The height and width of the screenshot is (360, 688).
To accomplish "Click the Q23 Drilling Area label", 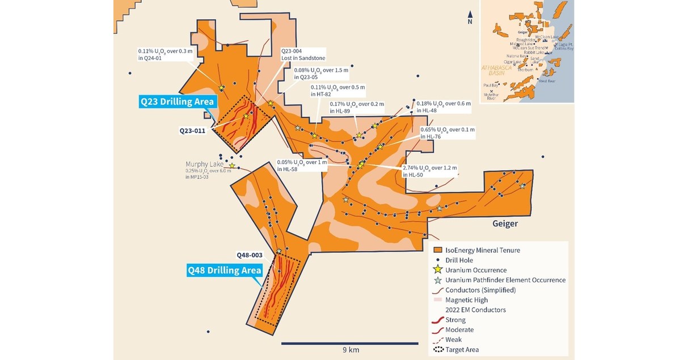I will point(177,102).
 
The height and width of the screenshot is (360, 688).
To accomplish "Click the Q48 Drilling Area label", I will point(225,270).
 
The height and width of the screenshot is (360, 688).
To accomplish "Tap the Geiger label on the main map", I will point(504,224).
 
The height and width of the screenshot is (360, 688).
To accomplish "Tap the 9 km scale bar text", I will point(350,350).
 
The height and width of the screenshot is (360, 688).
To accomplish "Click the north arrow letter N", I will point(470,22).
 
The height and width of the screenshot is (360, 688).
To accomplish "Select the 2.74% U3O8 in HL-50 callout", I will point(429,171).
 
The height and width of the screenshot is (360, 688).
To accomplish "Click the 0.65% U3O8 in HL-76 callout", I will point(447,133).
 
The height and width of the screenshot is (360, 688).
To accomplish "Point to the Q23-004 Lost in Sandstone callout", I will point(303,54).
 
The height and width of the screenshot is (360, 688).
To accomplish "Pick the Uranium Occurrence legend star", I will point(438,270).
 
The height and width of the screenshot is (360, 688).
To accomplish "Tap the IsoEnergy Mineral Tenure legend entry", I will point(482,250).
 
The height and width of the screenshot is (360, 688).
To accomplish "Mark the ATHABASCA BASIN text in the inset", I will point(497,70).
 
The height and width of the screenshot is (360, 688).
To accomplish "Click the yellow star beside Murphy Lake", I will point(232,166).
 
